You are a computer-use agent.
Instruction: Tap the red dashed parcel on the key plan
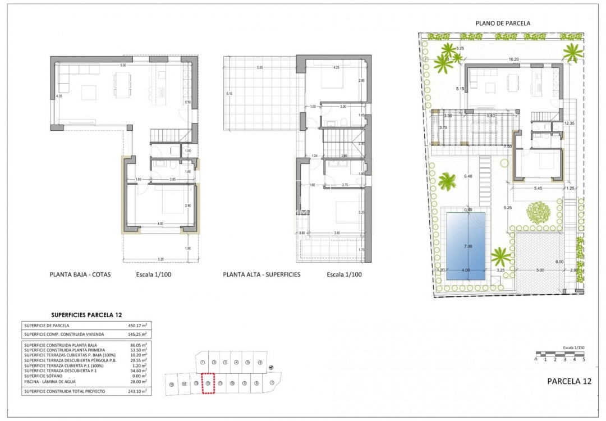pyautogui.click(x=208, y=383)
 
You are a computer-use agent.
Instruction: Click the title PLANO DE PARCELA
pyautogui.click(x=503, y=23)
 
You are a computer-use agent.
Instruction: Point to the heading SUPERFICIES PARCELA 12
pyautogui.click(x=86, y=315)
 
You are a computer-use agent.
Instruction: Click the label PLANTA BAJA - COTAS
pyautogui.click(x=80, y=275)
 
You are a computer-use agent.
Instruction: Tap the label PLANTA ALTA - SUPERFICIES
pyautogui.click(x=261, y=275)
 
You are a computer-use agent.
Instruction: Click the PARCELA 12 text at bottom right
pyautogui.click(x=569, y=381)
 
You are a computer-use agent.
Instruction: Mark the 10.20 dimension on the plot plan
pyautogui.click(x=513, y=59)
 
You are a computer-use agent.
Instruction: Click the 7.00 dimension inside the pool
pyautogui.click(x=467, y=246)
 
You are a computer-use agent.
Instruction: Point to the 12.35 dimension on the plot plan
pyautogui.click(x=570, y=122)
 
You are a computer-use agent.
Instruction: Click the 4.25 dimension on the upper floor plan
pyautogui.click(x=336, y=68)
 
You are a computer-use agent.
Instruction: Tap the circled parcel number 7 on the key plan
pyautogui.click(x=271, y=383)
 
